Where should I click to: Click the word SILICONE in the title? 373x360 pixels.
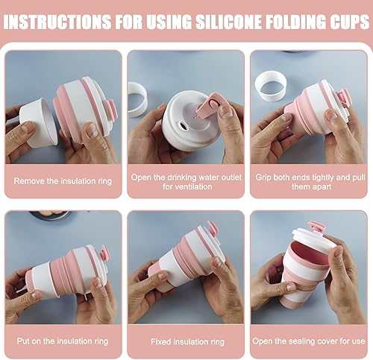coord(228,22)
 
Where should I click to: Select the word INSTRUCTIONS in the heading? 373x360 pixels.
coord(57,22)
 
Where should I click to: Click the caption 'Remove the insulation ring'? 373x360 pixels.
coord(63,181)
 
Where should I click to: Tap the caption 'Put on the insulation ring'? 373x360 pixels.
coord(63,341)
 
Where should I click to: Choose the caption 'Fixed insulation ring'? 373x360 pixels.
coord(187,342)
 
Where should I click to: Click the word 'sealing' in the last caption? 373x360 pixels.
coord(299,341)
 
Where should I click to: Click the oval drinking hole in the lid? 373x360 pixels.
coord(184,126)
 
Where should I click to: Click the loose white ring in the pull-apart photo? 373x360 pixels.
coord(270,86)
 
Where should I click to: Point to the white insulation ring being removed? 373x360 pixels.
coord(39,124)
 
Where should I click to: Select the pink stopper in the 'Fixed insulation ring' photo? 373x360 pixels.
coord(212,228)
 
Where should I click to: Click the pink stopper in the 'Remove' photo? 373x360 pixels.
coord(110,108)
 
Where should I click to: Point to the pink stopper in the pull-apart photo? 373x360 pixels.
coord(343,99)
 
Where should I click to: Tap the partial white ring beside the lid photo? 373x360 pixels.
coord(137,99)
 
